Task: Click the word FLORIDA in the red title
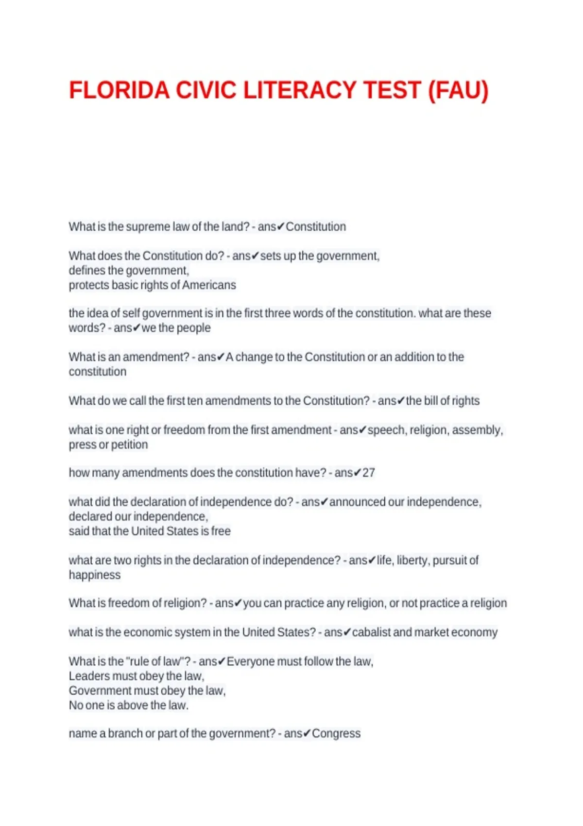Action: coord(119,90)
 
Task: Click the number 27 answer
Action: coord(369,473)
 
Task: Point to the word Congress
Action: coord(336,733)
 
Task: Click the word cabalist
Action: coord(371,632)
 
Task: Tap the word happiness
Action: coord(95,575)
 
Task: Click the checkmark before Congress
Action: coord(307,733)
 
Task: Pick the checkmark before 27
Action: coord(358,473)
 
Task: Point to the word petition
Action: coord(129,445)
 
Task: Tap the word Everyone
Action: coord(249,661)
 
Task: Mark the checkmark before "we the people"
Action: coord(137,328)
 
